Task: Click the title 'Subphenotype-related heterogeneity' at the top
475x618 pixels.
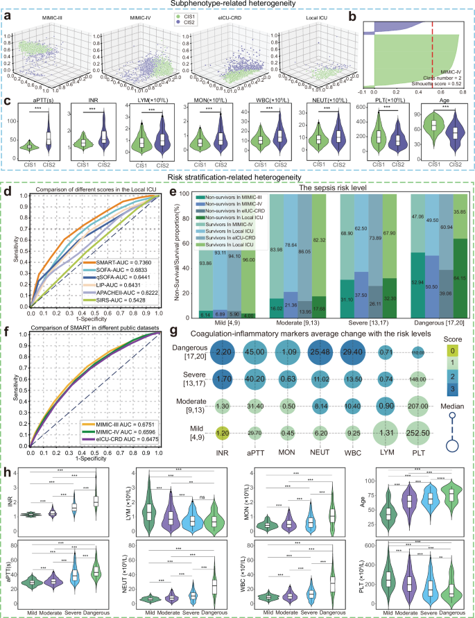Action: coord(237,5)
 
